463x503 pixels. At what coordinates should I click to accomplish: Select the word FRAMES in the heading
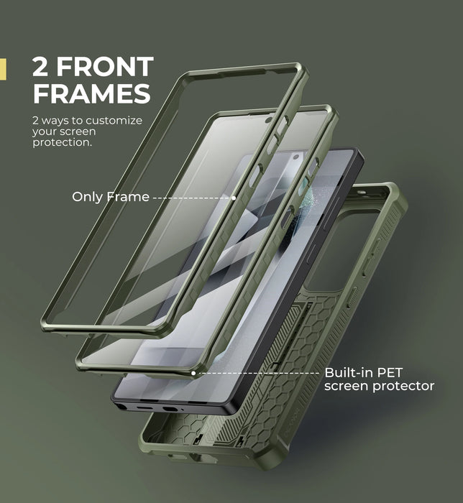pos(91,93)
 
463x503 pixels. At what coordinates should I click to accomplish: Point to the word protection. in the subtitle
pos(63,143)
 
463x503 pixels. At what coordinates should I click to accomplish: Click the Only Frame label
pos(110,196)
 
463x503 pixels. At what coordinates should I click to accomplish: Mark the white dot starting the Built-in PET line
pos(193,373)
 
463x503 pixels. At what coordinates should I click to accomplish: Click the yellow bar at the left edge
pos(3,69)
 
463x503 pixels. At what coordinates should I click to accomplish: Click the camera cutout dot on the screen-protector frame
pos(268,120)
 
